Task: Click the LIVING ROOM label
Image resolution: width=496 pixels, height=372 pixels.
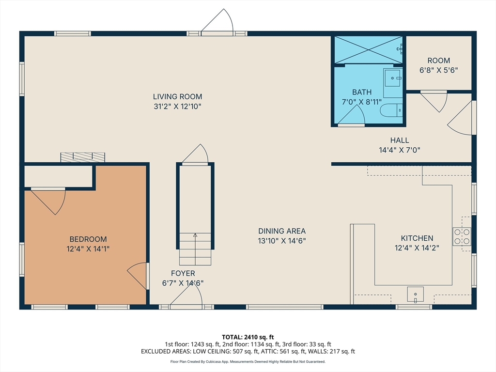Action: (177, 96)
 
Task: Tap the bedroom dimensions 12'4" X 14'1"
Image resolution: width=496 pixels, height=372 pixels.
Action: (88, 249)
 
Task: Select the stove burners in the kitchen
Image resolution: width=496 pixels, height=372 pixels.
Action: (462, 236)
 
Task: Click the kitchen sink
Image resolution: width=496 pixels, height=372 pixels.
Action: (415, 294)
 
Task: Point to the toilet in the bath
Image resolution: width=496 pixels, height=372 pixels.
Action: (391, 110)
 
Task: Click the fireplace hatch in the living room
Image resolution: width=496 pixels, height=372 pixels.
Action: (82, 157)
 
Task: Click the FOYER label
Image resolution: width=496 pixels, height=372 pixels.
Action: (183, 273)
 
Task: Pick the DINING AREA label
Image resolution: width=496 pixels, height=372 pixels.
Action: (282, 231)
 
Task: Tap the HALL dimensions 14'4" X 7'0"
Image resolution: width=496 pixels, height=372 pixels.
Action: (400, 150)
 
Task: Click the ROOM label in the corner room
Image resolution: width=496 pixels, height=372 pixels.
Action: (439, 61)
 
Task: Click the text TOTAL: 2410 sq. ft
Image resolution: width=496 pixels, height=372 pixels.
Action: (248, 337)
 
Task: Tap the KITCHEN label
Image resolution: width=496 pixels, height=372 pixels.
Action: (417, 238)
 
